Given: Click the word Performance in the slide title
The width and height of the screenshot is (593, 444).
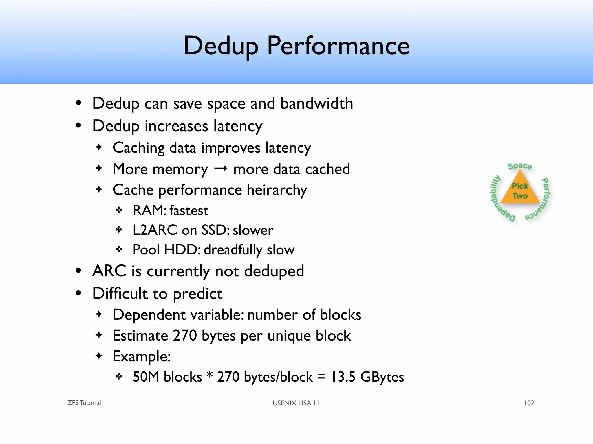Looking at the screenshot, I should tap(338, 46).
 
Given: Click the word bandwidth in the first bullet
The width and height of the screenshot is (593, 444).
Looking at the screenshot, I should tap(316, 103).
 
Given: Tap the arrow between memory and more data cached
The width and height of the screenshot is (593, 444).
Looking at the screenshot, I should tap(220, 169).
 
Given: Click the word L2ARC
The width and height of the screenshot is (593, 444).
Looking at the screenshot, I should tap(155, 230).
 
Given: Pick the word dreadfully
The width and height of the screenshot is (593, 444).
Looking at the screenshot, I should tap(233, 250).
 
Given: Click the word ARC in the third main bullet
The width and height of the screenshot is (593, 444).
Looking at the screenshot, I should tap(109, 271).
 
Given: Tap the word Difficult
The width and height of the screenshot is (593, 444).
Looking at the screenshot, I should tap(120, 293).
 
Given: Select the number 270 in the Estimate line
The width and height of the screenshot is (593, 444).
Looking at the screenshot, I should tap(185, 336).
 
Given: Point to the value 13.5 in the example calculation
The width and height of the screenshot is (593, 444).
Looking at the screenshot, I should tap(343, 377).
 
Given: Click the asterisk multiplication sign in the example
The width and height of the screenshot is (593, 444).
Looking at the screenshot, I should tap(209, 375).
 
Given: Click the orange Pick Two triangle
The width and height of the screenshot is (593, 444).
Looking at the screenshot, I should tap(520, 191).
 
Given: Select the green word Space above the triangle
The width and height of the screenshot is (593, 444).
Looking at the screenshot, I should tap(519, 166).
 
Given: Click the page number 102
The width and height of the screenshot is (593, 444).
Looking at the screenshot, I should tap(529, 403).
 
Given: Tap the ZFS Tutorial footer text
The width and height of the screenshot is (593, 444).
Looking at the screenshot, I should tap(84, 403).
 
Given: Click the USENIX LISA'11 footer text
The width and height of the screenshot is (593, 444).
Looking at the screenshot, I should tap(296, 403).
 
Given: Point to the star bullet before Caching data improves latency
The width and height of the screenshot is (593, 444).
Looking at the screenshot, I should tap(99, 147).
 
